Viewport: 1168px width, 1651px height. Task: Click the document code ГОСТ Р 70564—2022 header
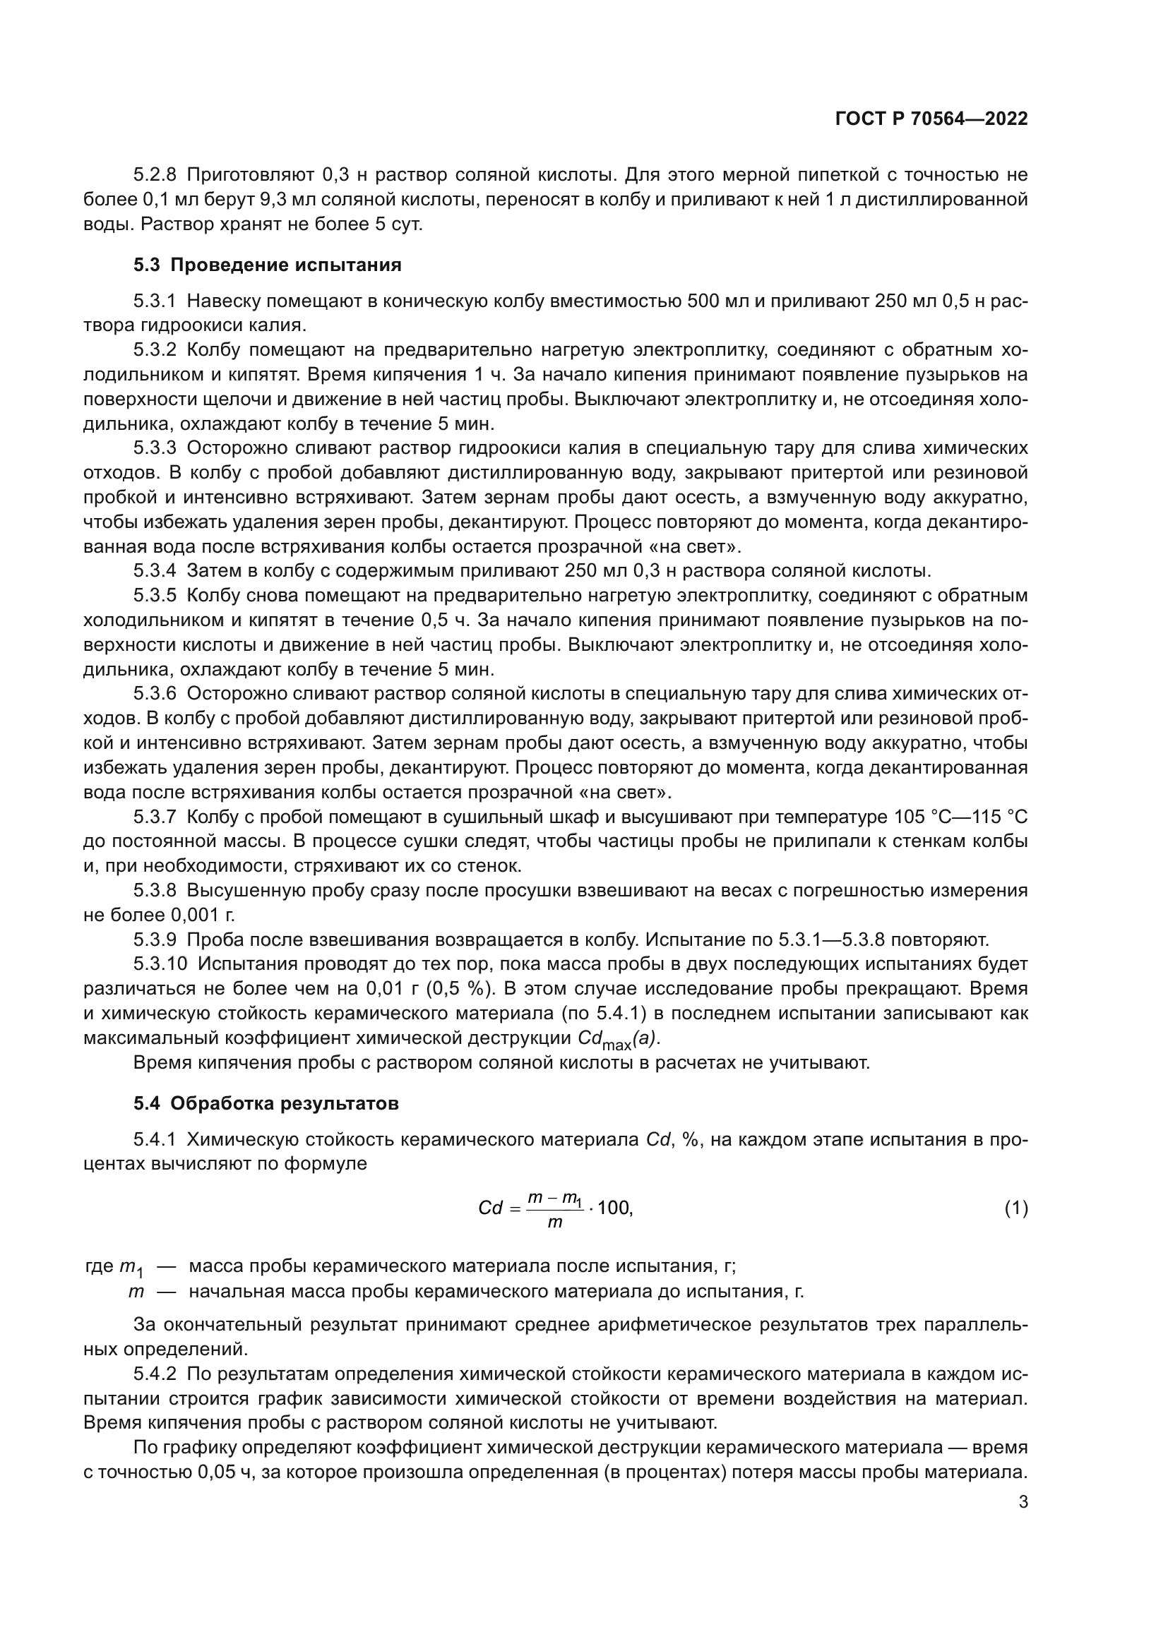931,119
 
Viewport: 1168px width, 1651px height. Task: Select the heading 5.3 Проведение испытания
267,265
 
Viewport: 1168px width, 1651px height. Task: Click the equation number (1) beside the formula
1015,1208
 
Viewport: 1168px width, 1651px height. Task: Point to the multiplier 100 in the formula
614,1208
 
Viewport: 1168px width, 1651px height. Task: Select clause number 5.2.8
155,175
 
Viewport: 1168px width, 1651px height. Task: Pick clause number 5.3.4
155,572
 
